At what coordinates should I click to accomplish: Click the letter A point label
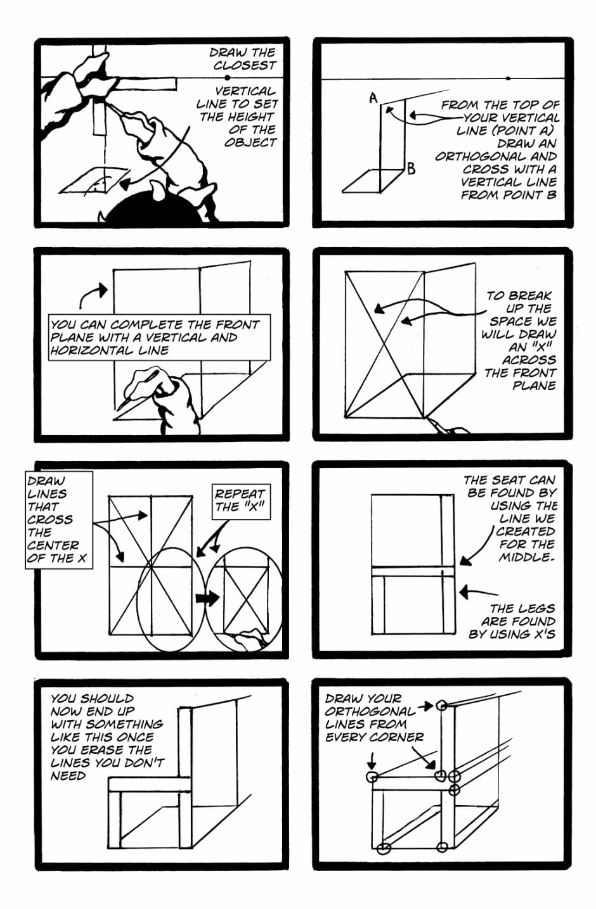click(373, 98)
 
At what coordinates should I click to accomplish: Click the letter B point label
click(411, 168)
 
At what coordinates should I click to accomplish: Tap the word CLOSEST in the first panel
click(245, 65)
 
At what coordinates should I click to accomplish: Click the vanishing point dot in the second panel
click(509, 79)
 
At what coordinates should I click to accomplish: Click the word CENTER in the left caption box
click(53, 545)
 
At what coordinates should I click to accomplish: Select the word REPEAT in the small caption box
click(239, 494)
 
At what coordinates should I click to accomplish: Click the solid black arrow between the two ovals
click(207, 598)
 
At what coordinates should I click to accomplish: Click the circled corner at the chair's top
click(442, 706)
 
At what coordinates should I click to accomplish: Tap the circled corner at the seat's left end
click(372, 777)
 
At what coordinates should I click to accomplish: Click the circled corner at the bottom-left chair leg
click(382, 849)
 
